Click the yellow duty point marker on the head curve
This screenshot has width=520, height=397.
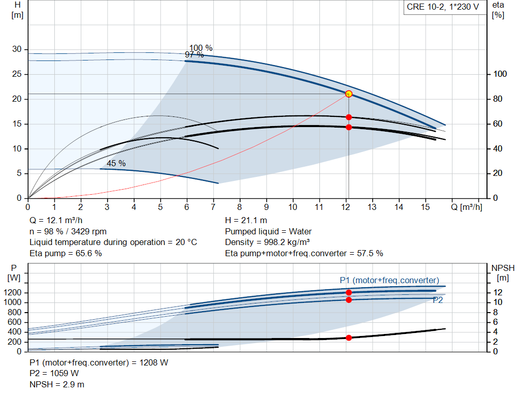(348, 94)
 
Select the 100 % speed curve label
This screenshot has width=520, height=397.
(201, 48)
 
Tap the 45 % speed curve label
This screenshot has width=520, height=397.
(116, 163)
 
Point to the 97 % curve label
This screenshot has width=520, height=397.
(194, 55)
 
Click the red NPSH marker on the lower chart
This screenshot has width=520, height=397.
(348, 338)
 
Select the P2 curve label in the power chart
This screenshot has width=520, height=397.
(438, 300)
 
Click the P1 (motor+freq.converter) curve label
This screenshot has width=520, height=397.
(389, 281)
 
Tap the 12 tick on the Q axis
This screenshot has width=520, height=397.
(346, 207)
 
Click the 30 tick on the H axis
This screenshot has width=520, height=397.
(17, 49)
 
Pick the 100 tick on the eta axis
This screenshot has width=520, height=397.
(500, 74)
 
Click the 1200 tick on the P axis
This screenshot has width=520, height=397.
(14, 293)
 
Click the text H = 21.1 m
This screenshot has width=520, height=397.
(246, 221)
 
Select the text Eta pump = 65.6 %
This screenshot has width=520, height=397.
(66, 253)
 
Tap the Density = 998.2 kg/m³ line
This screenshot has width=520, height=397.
(267, 242)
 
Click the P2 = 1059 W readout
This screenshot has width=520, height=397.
(54, 373)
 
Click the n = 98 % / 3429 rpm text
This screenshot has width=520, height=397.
(68, 231)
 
